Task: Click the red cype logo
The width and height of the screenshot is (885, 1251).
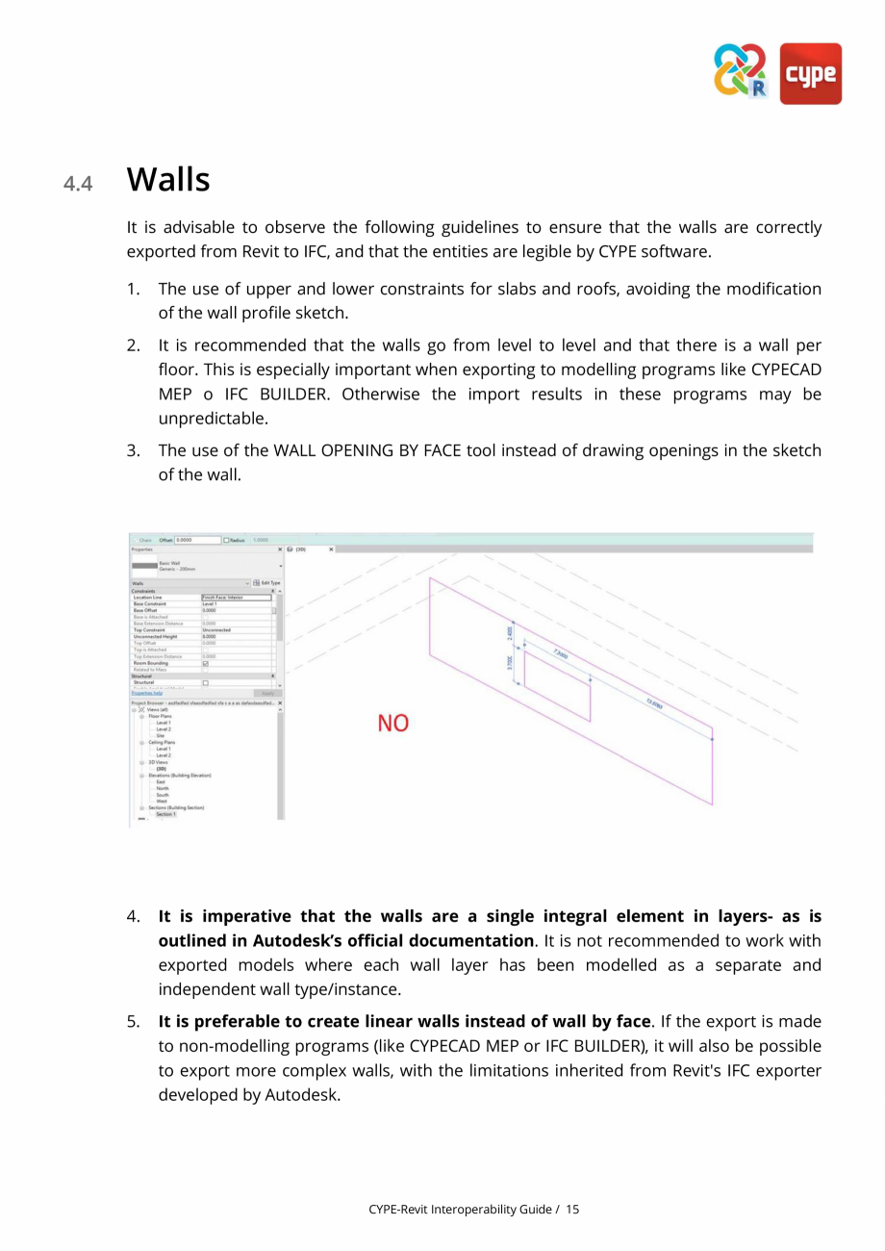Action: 810,73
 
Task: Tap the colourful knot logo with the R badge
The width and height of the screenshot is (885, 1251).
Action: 741,71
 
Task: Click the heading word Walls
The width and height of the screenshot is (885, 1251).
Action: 168,180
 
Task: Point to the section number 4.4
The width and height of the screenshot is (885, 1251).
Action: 78,183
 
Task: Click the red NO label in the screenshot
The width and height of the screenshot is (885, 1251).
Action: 392,723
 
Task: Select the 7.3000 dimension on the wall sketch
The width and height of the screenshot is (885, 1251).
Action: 560,654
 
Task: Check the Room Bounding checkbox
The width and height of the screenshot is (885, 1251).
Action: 205,663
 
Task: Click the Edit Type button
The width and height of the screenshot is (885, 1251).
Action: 267,582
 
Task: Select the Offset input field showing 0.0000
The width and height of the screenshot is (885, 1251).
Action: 196,540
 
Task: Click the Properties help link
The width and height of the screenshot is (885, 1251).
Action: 146,693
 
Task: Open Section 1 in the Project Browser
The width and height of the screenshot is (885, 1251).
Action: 165,814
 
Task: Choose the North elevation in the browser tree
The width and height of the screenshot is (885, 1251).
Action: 162,788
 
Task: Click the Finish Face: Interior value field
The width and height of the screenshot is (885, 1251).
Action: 236,598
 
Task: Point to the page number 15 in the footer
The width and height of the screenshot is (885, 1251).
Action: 572,1209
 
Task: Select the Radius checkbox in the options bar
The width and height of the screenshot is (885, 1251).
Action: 226,540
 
